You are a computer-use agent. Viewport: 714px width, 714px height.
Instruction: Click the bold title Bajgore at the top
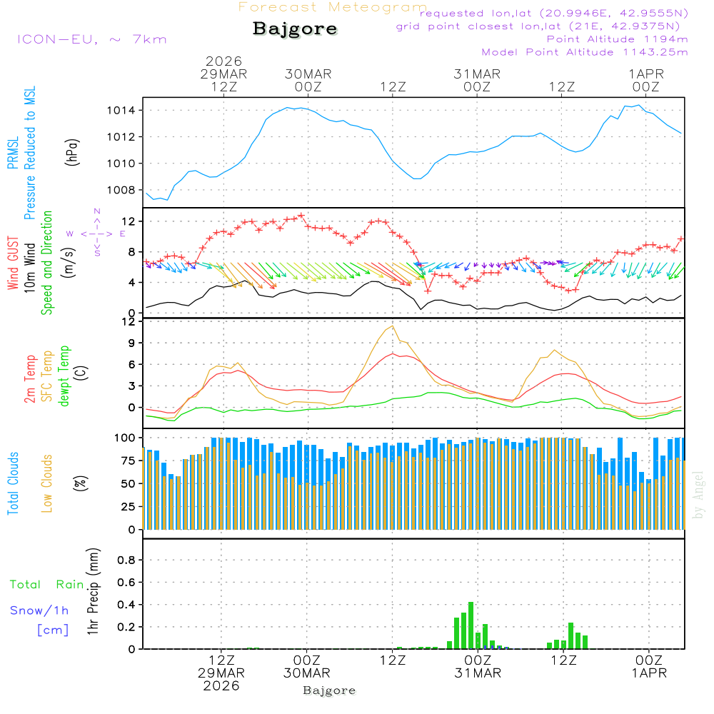coord(295,29)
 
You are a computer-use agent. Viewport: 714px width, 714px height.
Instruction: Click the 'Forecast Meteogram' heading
coord(333,7)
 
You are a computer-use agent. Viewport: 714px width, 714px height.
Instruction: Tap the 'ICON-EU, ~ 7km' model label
coord(91,39)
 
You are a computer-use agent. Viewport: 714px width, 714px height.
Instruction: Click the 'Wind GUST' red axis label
coord(13,264)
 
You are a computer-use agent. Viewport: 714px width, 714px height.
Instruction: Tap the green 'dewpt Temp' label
coord(64,376)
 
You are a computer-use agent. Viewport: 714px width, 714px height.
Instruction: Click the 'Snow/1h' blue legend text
coord(40,610)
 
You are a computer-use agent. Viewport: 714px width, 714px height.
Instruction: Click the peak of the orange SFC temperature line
coord(392,326)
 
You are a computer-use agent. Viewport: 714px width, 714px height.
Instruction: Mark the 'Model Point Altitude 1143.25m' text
coord(585,52)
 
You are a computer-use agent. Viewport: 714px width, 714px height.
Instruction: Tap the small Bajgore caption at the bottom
coord(329,690)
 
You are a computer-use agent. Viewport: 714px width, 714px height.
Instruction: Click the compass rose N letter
coord(97,211)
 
